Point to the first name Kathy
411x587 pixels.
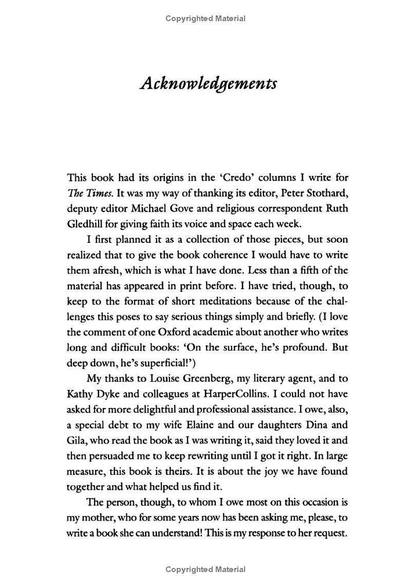[x=80, y=394]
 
